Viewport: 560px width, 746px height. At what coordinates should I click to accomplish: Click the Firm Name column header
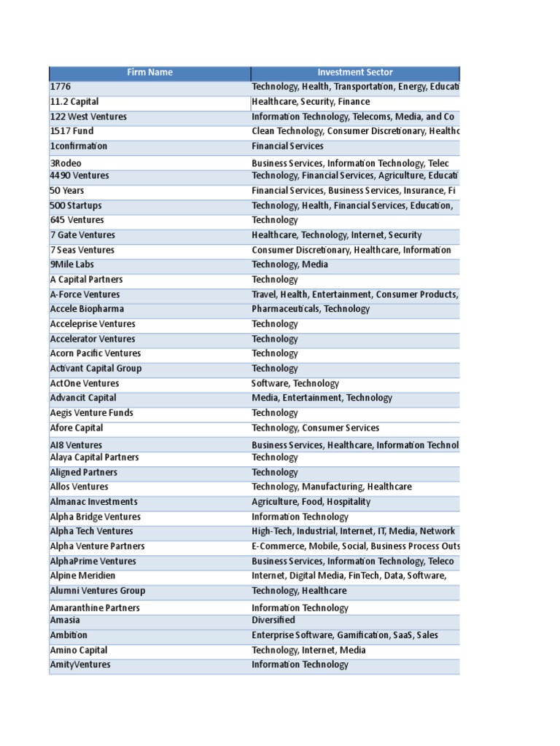(149, 72)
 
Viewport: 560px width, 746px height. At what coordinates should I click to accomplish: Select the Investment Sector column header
(355, 72)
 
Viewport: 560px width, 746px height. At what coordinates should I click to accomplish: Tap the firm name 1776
(61, 87)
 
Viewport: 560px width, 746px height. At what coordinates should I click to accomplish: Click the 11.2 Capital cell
(74, 102)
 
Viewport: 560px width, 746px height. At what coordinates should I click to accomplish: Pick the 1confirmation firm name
(79, 146)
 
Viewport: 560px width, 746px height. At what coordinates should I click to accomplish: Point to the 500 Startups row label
(76, 205)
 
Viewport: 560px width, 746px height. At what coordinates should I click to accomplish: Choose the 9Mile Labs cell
(72, 264)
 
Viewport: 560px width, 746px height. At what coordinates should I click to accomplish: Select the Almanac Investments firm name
(93, 502)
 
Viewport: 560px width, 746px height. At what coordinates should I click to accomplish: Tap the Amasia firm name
(66, 620)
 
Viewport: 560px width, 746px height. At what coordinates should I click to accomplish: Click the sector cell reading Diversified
(273, 620)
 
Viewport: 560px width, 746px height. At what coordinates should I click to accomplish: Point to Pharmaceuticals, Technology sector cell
(311, 309)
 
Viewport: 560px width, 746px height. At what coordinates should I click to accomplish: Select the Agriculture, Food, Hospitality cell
(311, 502)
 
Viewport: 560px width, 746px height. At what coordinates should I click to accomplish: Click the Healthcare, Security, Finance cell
(311, 102)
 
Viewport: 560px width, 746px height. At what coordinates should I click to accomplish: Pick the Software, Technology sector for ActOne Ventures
(295, 383)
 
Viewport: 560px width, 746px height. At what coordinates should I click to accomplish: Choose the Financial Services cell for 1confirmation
(287, 146)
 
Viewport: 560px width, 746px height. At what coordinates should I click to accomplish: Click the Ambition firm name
(69, 635)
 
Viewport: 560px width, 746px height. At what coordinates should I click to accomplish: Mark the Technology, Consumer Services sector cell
(316, 428)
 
